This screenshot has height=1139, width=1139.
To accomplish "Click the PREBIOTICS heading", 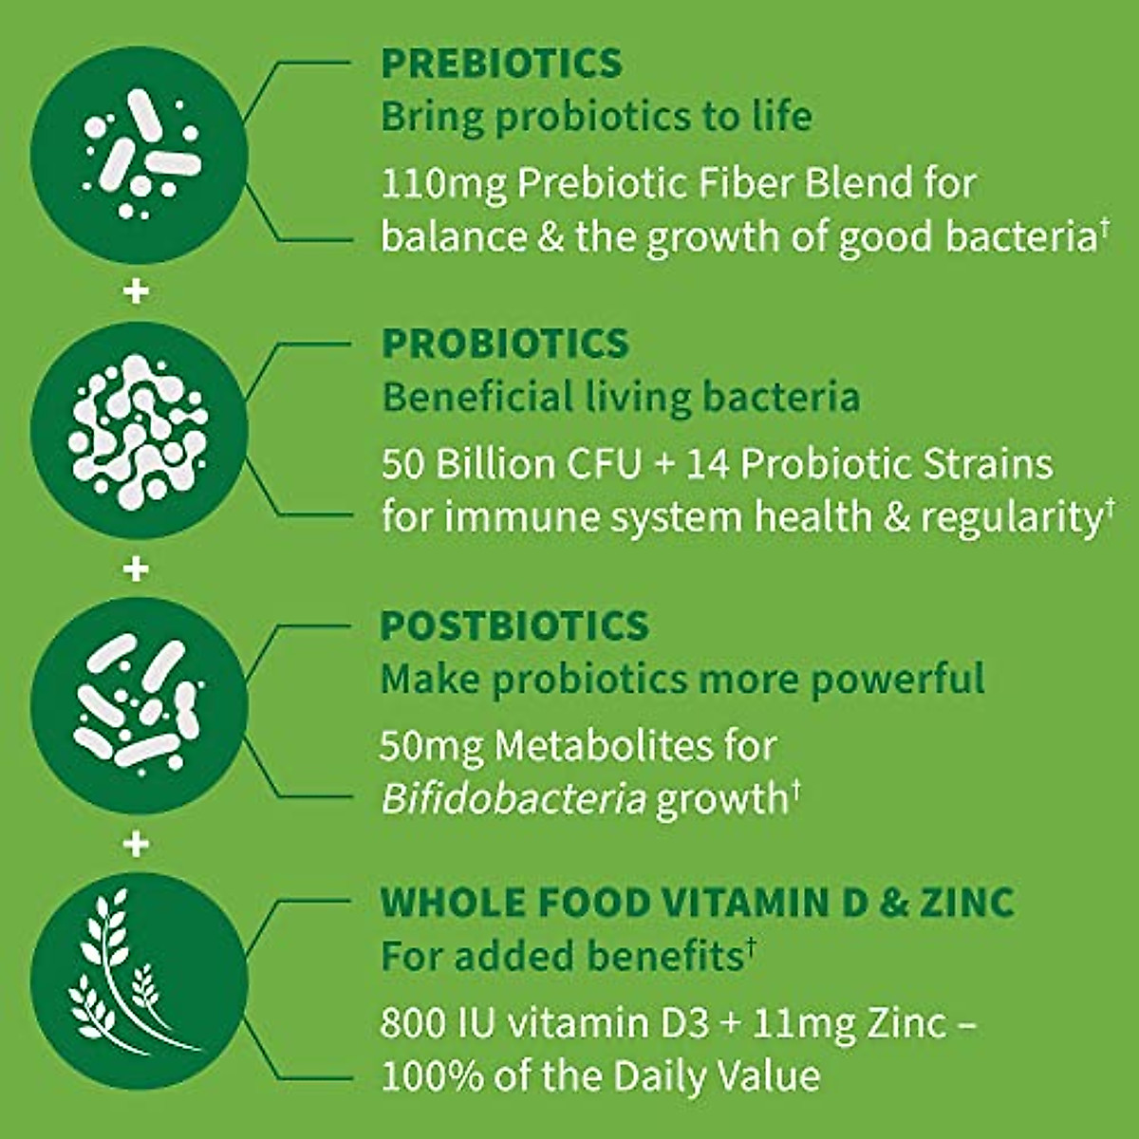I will pos(501,64).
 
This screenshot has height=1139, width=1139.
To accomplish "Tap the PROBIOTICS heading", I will pos(505,344).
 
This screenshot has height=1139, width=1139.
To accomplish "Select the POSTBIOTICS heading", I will pos(514,626).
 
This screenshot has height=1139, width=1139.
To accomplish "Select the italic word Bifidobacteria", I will pos(513,799).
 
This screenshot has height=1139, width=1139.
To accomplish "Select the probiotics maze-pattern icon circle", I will pos(139,430).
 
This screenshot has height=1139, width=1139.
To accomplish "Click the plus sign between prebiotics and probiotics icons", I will pos(137,290).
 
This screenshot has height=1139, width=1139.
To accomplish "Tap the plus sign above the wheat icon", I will pos(137,843).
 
